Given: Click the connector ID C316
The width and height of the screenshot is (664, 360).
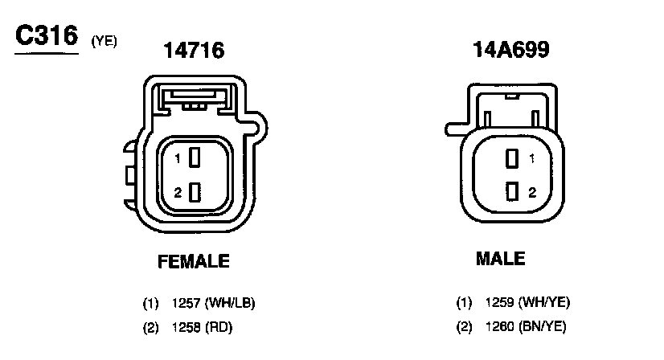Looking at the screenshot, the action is (x=47, y=35).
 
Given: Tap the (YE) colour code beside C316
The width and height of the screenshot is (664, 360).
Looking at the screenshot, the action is (x=105, y=41).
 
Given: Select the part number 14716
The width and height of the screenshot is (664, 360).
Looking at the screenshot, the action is (x=194, y=51).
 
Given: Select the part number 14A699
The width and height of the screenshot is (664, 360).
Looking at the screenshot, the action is (x=511, y=50).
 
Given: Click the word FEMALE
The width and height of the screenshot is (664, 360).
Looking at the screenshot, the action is (x=194, y=261).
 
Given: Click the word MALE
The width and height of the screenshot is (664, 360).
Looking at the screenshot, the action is (x=501, y=259).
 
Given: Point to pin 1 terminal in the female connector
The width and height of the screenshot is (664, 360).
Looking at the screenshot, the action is (x=195, y=157).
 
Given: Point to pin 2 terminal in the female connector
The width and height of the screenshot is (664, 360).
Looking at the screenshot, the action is (x=195, y=192).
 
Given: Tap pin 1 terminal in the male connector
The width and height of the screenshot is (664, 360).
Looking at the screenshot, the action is (x=512, y=158).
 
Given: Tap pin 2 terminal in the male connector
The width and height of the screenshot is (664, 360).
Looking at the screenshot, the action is (x=512, y=191).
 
